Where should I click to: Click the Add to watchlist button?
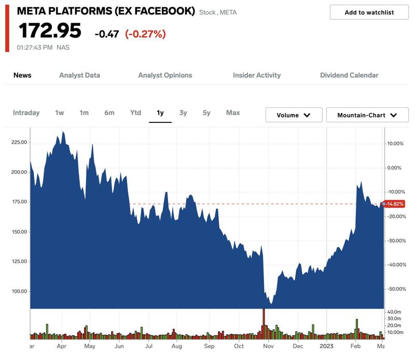369,12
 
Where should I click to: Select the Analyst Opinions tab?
165,75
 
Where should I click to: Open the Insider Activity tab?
257,75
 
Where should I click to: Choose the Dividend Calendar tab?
349,75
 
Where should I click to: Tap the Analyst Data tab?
79,75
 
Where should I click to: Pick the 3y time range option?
183,113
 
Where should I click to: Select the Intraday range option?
26,113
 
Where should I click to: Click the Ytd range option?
135,113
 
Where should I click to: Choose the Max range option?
233,113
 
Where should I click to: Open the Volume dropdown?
294,115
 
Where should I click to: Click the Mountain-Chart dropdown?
367,115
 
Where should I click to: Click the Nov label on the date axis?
268,345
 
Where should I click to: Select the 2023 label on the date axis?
326,345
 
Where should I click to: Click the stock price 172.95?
50,31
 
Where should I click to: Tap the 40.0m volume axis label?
395,312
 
